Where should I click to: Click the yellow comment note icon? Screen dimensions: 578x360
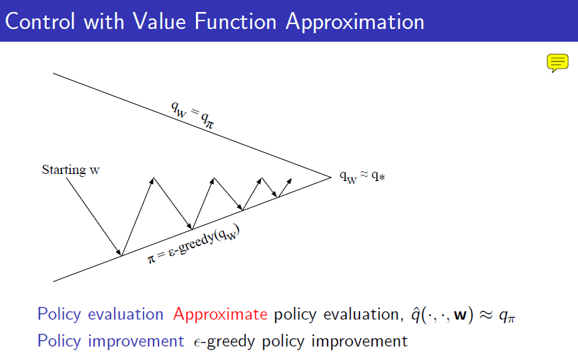557,63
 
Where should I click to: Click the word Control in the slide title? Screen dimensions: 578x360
40,21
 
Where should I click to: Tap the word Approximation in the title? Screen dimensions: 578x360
355,22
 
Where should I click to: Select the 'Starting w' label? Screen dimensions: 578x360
71,170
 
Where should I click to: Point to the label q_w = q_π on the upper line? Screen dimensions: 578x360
192,115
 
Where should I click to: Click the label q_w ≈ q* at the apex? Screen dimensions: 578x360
362,177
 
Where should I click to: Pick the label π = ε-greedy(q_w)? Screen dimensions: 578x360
194,245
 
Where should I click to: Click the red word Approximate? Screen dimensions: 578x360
220,315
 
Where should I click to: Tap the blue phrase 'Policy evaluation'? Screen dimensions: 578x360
100,315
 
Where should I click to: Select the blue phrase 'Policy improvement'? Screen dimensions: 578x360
110,341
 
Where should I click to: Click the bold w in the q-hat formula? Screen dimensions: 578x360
461,315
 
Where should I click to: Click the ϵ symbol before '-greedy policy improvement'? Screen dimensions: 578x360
197,343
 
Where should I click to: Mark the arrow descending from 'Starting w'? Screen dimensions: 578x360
93,216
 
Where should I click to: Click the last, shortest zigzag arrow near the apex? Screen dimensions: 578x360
284,188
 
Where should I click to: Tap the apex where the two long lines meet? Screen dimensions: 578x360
331,178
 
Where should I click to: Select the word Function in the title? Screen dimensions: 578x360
236,21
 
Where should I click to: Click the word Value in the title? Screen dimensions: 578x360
159,21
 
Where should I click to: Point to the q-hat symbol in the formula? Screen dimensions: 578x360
416,315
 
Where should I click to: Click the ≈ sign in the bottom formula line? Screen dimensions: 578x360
486,315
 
